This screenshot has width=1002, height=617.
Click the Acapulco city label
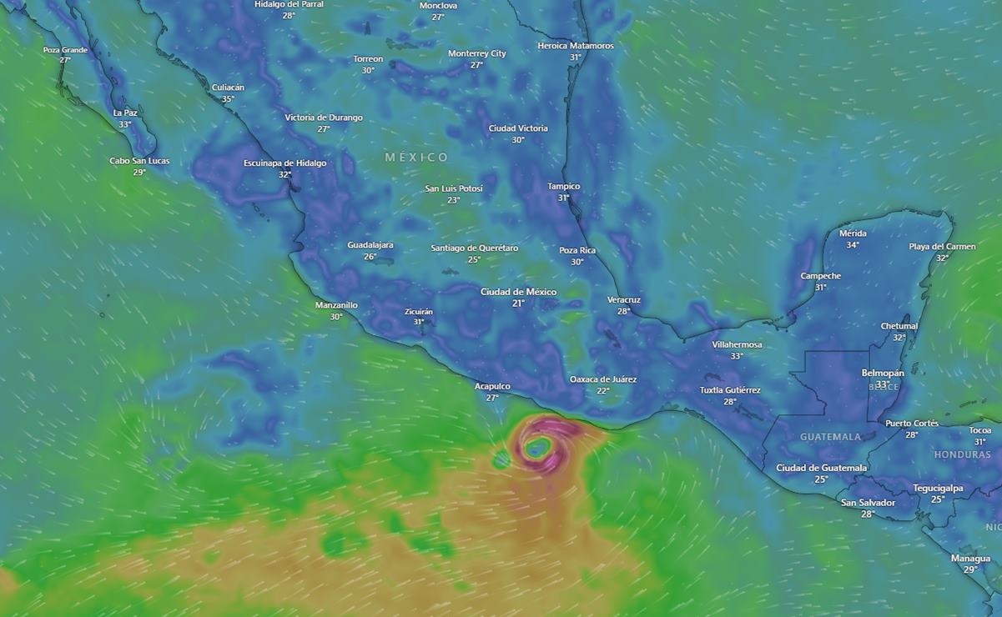tap(492, 386)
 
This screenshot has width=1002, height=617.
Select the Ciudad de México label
tap(518, 292)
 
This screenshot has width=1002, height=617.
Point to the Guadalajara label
tap(370, 245)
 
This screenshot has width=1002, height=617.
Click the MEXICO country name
tap(416, 158)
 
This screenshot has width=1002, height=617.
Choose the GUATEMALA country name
tap(830, 437)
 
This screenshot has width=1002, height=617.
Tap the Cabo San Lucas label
tap(139, 161)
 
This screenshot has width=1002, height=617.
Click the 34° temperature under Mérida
tap(853, 245)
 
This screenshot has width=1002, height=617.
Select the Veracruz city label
tap(624, 299)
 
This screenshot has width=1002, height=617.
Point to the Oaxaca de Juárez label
tap(603, 379)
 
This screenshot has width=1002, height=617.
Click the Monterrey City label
tap(477, 53)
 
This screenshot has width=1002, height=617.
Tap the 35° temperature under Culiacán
tap(228, 98)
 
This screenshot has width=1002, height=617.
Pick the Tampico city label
tap(564, 186)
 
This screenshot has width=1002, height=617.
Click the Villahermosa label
tap(737, 344)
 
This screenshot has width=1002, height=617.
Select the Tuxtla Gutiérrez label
tap(730, 390)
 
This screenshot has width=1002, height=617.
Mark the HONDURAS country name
tap(962, 454)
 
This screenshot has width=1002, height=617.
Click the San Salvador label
tap(868, 503)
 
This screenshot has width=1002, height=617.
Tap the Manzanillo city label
tap(336, 305)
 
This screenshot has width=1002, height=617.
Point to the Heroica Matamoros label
tap(576, 46)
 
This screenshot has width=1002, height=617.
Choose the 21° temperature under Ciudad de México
tap(518, 303)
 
